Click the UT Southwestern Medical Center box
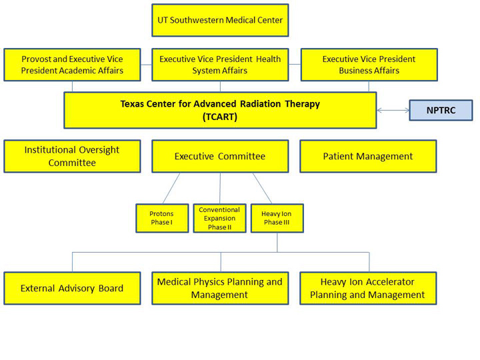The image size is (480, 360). pos(220,20)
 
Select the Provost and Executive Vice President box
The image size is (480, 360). pos(72,65)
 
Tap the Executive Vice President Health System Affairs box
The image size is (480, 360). pos(220,65)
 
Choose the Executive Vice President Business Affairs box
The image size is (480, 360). pos(369,65)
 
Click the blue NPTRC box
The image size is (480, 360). pos(441,110)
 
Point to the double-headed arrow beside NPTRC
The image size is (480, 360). pos(393,110)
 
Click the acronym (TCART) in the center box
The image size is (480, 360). pos(220,117)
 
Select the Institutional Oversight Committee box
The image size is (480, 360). pos(72,156)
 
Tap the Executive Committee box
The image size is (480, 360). pos(220,156)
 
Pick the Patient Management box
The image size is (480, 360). pos(368,156)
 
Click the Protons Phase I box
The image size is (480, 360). pos(162,218)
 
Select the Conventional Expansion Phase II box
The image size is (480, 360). pos(219,218)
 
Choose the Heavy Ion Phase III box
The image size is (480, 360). pos(277,218)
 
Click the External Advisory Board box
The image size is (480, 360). pos(72,288)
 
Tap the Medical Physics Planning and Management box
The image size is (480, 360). pos(220,288)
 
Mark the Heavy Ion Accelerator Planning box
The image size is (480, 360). pos(368,288)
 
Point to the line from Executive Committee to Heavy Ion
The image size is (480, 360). pos(262,188)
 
